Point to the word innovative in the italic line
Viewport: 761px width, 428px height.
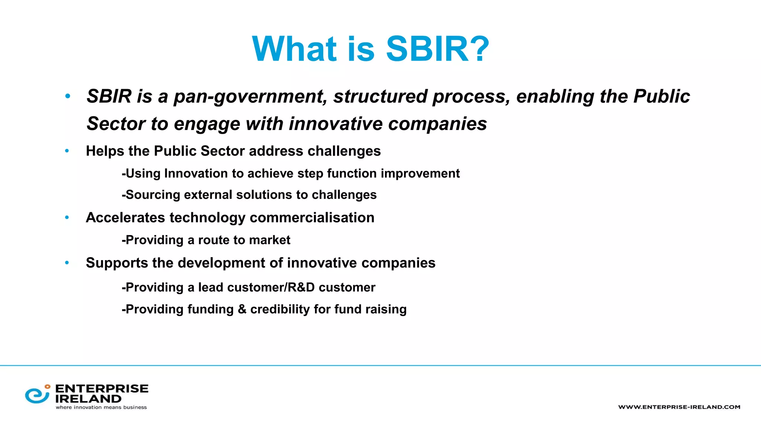(336, 124)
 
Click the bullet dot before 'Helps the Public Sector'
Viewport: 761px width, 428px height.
(67, 151)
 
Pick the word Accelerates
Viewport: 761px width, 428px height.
(125, 218)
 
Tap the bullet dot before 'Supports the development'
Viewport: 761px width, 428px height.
(67, 263)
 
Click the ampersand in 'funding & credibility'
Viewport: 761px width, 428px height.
(242, 309)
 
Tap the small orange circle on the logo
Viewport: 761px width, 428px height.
(47, 387)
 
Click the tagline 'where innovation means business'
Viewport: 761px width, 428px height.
(101, 408)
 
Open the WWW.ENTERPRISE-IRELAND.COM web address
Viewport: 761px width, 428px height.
(679, 407)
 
